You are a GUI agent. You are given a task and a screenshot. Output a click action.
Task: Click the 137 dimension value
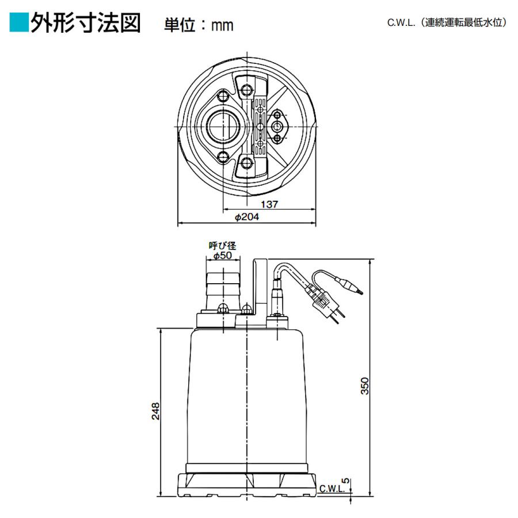[x=269, y=204]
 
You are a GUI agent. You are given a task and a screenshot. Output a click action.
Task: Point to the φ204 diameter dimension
[x=247, y=217]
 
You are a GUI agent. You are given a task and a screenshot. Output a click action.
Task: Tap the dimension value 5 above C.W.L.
[x=345, y=479]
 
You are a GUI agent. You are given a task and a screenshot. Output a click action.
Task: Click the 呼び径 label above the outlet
[x=222, y=246]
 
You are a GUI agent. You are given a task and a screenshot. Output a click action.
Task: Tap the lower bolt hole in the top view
[x=247, y=163]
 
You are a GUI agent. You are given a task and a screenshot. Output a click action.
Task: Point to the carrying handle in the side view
[x=258, y=288]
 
